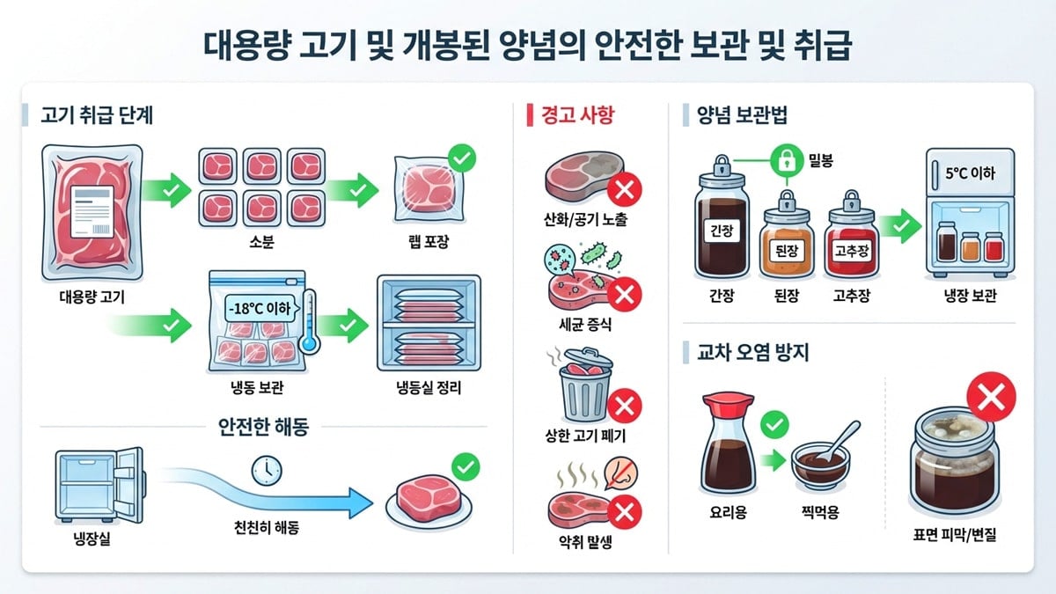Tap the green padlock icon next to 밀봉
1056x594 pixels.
point(784,160)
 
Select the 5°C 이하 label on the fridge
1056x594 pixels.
point(969,172)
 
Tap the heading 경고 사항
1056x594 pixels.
point(576,114)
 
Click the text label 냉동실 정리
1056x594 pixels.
point(429,388)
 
